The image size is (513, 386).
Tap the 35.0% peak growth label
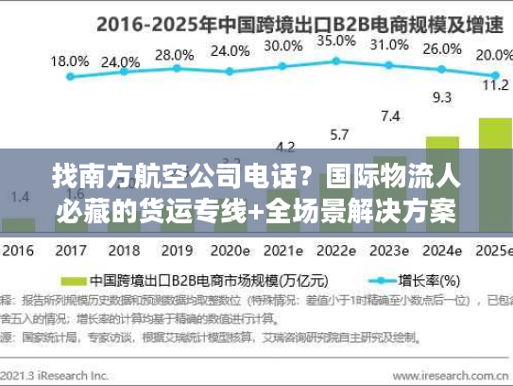336,42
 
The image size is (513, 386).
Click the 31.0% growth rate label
390,45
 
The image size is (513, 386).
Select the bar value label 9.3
442,96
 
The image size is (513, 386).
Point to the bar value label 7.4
389,116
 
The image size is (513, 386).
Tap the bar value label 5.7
337,134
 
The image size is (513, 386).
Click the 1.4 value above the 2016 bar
19,196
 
